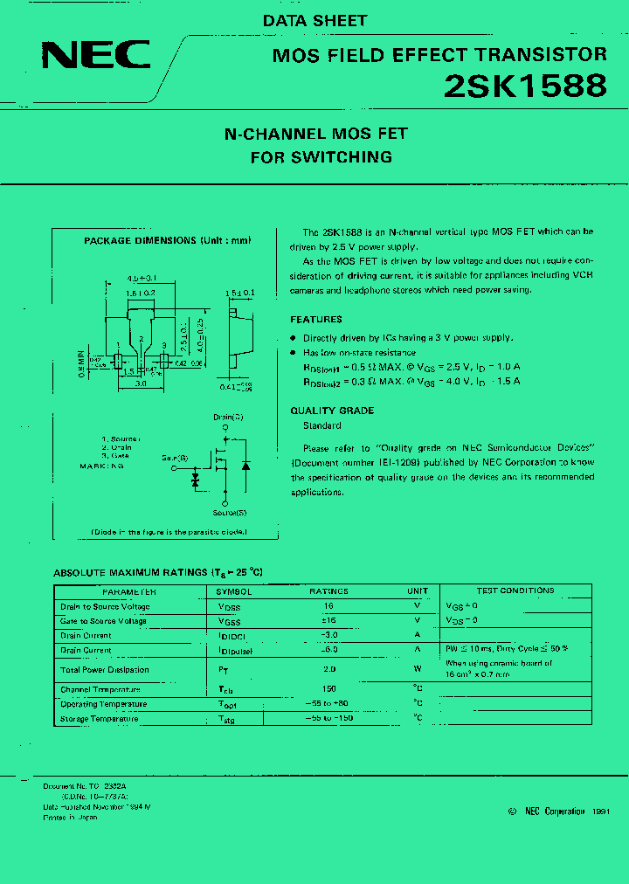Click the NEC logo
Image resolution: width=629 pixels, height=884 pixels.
point(96,55)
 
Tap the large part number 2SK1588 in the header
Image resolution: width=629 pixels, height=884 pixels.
point(525,86)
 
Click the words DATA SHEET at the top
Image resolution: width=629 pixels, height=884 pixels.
point(314,20)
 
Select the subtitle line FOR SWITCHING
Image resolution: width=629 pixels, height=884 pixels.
point(321,158)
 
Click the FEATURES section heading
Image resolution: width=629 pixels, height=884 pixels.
point(316,320)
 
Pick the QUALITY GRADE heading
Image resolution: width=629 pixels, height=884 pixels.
point(332,411)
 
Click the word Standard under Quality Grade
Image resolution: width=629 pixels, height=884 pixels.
point(321,425)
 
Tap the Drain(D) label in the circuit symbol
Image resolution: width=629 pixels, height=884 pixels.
point(228,418)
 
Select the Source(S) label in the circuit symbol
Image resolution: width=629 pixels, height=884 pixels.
point(229,513)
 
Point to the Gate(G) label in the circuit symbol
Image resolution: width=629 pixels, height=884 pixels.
point(175,457)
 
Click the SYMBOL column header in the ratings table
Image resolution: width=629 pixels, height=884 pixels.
point(234,591)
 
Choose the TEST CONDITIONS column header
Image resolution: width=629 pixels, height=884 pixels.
point(515,591)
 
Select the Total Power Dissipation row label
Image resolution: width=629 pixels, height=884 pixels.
point(105,670)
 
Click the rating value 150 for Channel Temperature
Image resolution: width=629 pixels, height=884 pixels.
point(328,689)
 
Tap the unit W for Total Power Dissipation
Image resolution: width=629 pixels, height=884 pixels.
point(418,670)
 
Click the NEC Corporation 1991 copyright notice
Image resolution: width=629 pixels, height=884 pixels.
point(558,811)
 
